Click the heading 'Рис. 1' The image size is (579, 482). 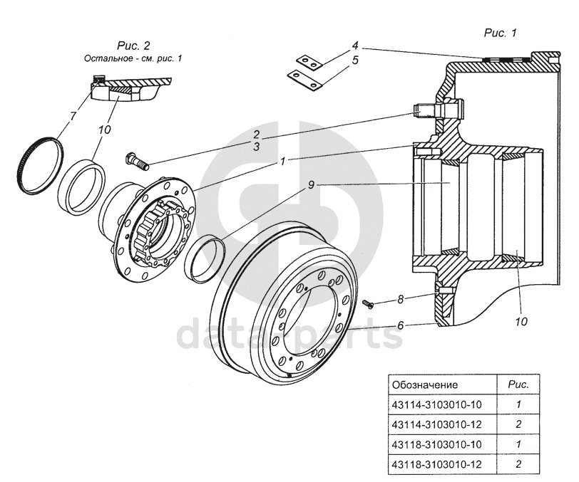(500, 32)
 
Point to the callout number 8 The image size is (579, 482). (401, 300)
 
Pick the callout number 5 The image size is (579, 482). (354, 61)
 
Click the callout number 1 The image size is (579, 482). (282, 161)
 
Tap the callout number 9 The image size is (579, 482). (311, 185)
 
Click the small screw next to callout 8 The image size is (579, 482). (368, 303)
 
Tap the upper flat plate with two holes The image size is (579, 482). (307, 62)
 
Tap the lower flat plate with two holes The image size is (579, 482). (305, 80)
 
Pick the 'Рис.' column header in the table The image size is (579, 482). (518, 384)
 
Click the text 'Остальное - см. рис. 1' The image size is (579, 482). (132, 58)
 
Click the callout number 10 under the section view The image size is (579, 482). (521, 321)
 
